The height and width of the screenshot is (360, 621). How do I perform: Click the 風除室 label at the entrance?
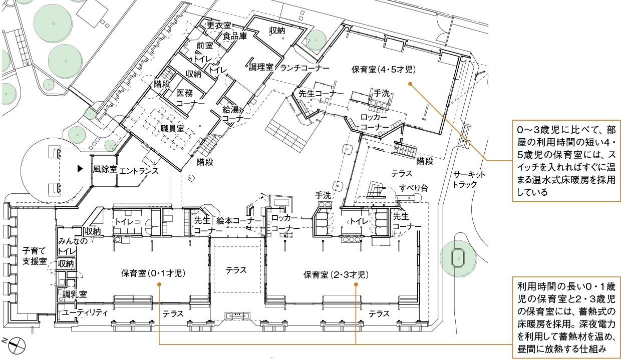point(105,170)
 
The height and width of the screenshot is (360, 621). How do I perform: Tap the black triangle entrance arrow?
point(79,169)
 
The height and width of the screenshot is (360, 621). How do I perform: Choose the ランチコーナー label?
point(304,67)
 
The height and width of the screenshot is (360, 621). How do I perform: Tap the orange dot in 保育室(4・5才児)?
point(410,84)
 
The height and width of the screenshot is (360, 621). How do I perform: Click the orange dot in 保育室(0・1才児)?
point(159,284)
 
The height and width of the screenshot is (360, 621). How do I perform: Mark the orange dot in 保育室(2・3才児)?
point(356,284)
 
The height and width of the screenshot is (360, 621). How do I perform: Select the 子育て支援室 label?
point(35,255)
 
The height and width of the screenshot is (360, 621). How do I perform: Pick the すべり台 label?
point(413,188)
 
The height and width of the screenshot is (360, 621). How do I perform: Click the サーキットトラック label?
point(469,179)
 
